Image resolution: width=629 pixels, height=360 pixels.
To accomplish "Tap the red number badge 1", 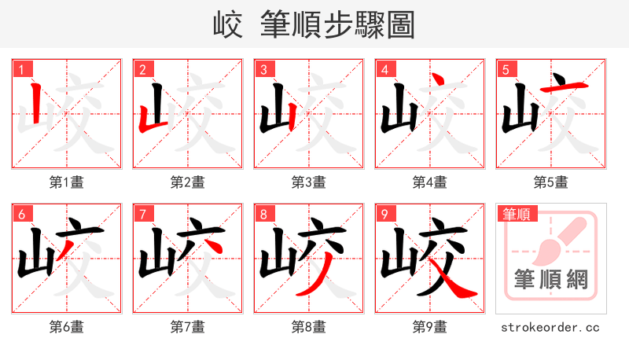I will click(21, 69).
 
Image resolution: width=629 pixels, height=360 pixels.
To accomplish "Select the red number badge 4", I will click(384, 69).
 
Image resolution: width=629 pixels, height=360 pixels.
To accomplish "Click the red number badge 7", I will click(142, 214).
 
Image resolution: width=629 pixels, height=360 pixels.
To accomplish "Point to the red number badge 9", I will click(384, 214).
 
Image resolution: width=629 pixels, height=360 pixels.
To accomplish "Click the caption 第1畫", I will click(67, 182).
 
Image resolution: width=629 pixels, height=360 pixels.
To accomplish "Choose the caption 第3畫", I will click(309, 182).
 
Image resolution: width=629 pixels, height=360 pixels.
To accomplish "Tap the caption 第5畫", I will click(550, 182).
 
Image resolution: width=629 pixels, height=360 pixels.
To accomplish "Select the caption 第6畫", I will click(67, 326).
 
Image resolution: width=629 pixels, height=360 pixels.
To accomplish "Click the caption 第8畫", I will click(309, 326).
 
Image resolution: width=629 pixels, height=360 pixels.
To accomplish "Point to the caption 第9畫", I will click(429, 326).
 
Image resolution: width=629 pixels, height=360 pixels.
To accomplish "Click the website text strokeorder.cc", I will click(550, 326).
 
